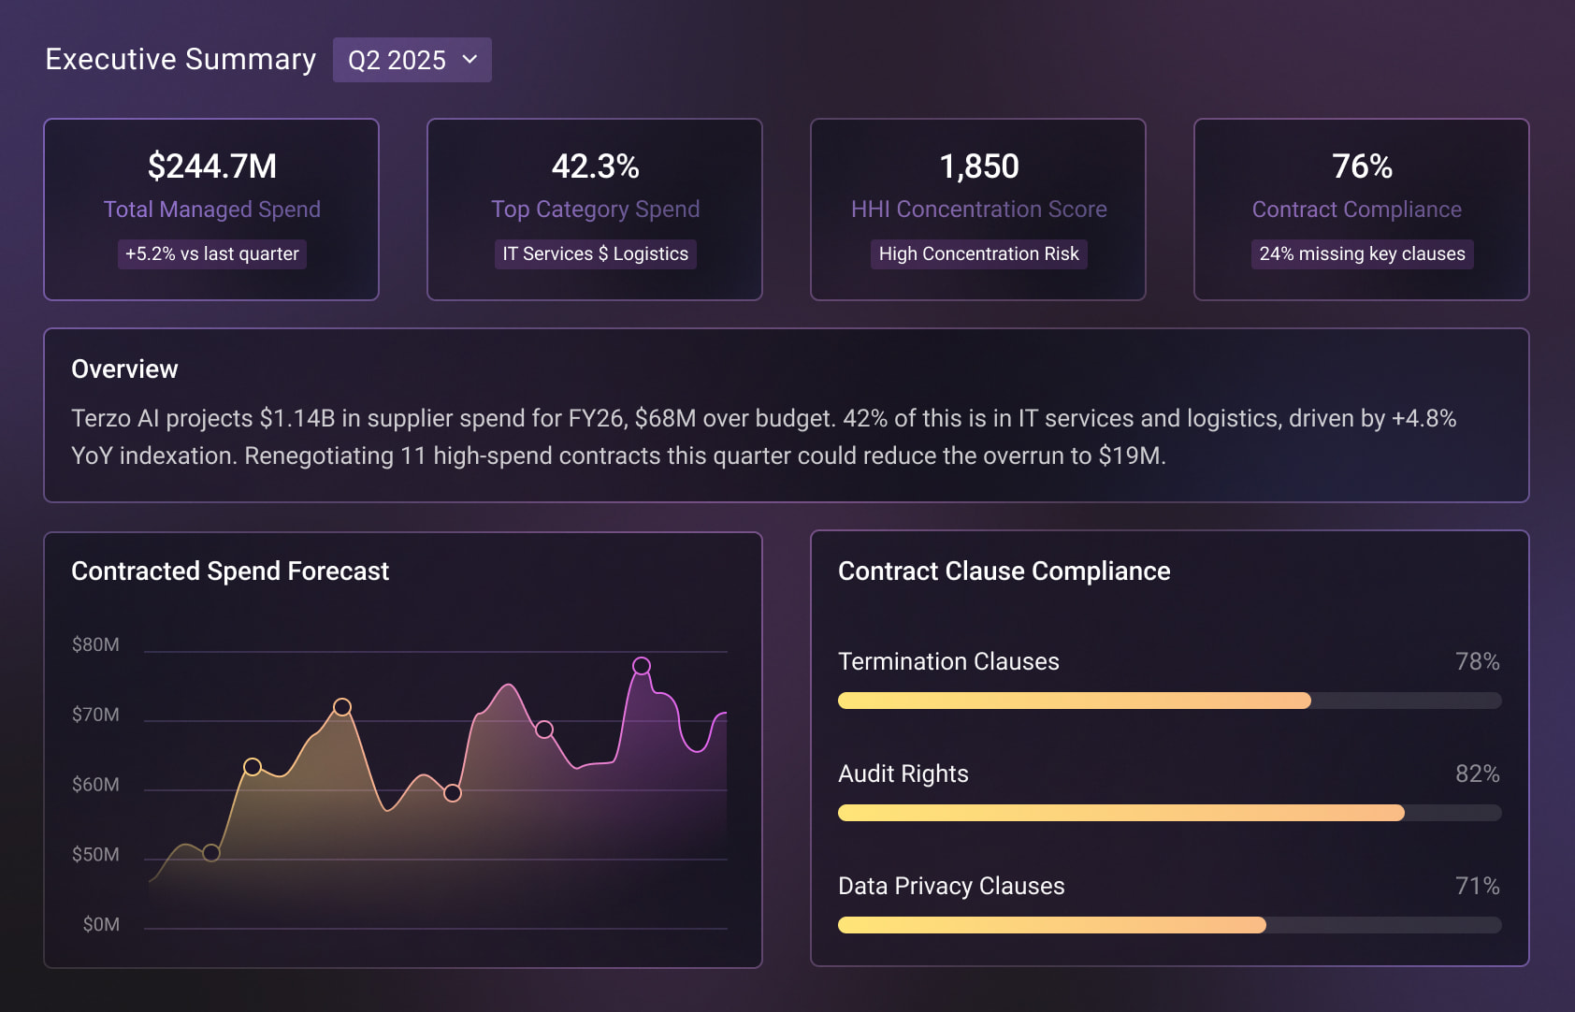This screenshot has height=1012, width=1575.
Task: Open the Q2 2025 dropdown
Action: [x=412, y=60]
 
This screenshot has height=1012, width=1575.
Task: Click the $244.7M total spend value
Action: [x=212, y=166]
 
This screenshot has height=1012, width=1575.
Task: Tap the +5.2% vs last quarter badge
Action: [x=212, y=253]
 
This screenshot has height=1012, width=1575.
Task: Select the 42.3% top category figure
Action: [x=595, y=166]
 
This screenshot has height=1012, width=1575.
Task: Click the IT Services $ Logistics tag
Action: [x=595, y=253]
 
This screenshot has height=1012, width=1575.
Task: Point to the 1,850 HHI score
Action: [x=978, y=166]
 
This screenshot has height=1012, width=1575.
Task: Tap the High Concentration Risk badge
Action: [x=978, y=253]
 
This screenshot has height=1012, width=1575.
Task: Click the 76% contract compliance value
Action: [x=1362, y=166]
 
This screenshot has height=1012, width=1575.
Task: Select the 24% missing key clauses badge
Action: [x=1362, y=253]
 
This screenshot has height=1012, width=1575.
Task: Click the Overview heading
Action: [x=124, y=369]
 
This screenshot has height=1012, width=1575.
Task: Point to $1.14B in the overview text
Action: [x=296, y=418]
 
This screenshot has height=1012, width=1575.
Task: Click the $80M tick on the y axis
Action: [x=95, y=644]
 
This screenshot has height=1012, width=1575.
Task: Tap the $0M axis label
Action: [x=101, y=924]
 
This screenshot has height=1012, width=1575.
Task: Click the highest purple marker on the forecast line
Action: [x=642, y=666]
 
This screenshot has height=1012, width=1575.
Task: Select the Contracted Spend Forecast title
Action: [x=230, y=571]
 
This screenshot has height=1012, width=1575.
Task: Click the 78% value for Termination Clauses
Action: [x=1477, y=661]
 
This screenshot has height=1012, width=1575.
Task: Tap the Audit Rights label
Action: [x=903, y=773]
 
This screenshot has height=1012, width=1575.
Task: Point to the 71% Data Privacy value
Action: [x=1477, y=886]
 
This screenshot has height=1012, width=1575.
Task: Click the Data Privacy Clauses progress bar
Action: [x=1169, y=925]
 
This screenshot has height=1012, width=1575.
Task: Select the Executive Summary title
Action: [x=181, y=60]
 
